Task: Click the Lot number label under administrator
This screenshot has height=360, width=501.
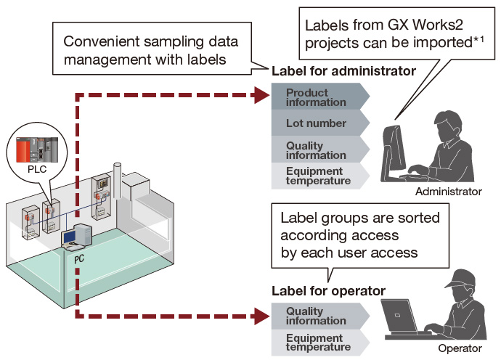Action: (320, 123)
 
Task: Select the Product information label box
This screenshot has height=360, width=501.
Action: (320, 97)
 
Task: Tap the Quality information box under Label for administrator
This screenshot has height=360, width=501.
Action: (320, 150)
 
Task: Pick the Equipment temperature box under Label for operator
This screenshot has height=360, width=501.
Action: (320, 343)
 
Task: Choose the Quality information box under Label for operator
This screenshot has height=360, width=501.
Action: (320, 316)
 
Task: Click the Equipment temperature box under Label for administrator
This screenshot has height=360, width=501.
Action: (320, 176)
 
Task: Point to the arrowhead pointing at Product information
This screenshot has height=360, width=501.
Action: (262, 95)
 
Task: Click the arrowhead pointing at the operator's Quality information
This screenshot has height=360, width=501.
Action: (262, 316)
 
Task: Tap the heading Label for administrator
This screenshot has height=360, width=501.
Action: (343, 71)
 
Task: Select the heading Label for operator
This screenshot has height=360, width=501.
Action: (328, 291)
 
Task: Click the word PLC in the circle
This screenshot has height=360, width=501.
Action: (37, 169)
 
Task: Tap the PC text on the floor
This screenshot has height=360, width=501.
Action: (79, 258)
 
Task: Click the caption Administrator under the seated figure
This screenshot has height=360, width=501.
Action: (448, 192)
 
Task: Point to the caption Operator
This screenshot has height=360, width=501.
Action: (460, 348)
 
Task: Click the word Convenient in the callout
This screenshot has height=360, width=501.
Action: (102, 41)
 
